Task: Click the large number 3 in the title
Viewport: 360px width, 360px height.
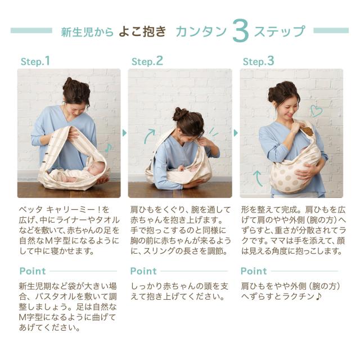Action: (x=240, y=30)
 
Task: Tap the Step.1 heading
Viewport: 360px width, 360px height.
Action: (x=35, y=61)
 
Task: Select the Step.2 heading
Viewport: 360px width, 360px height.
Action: (x=147, y=61)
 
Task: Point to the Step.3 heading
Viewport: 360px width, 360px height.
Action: (x=259, y=61)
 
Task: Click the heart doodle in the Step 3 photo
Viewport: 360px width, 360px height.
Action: (x=316, y=111)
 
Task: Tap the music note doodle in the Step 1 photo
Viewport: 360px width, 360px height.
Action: (x=108, y=147)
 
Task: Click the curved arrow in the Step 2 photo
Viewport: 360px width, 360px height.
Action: (x=148, y=136)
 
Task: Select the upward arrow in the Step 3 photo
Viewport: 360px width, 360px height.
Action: (x=258, y=178)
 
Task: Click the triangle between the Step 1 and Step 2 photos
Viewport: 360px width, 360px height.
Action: (x=124, y=133)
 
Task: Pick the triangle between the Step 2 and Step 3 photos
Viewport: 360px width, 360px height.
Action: (x=236, y=133)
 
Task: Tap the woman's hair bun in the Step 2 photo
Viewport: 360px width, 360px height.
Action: (x=179, y=114)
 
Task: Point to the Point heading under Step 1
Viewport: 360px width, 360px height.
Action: (x=33, y=271)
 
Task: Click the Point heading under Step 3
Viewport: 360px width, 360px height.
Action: (x=254, y=271)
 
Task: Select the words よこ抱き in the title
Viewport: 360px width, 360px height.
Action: (x=142, y=31)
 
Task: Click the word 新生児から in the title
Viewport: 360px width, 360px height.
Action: (x=87, y=31)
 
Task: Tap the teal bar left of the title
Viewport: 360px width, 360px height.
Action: (x=31, y=30)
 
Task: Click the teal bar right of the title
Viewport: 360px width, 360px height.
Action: (x=331, y=30)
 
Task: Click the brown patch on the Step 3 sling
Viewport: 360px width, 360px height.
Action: (x=307, y=131)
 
